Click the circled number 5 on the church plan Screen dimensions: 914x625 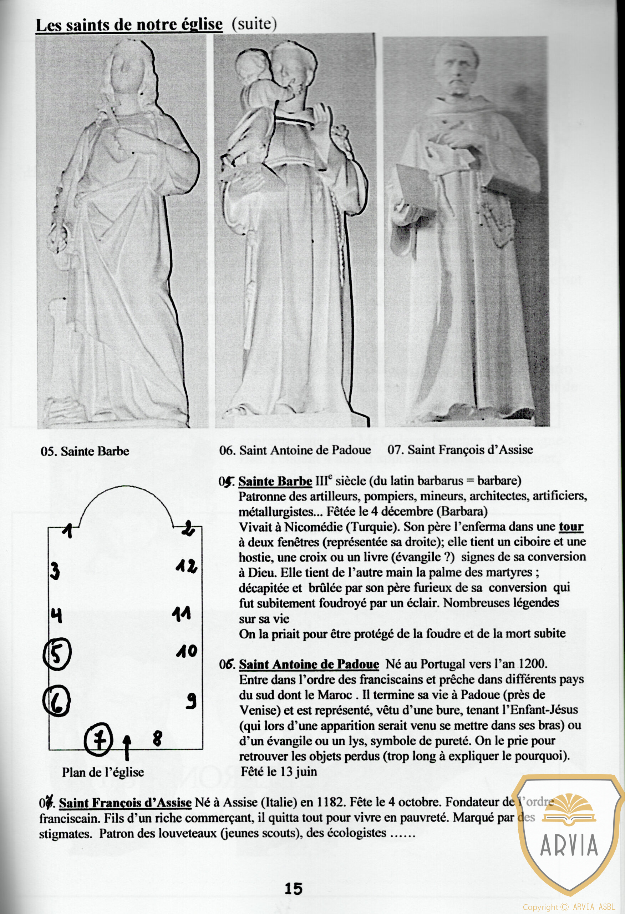[57, 654]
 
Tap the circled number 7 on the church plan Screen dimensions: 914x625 [99, 740]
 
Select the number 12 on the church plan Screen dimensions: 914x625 [186, 567]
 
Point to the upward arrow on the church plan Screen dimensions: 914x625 [127, 747]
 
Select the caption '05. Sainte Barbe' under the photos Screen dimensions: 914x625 [85, 451]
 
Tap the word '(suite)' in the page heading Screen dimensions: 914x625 [254, 24]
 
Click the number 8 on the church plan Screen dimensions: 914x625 [157, 738]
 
